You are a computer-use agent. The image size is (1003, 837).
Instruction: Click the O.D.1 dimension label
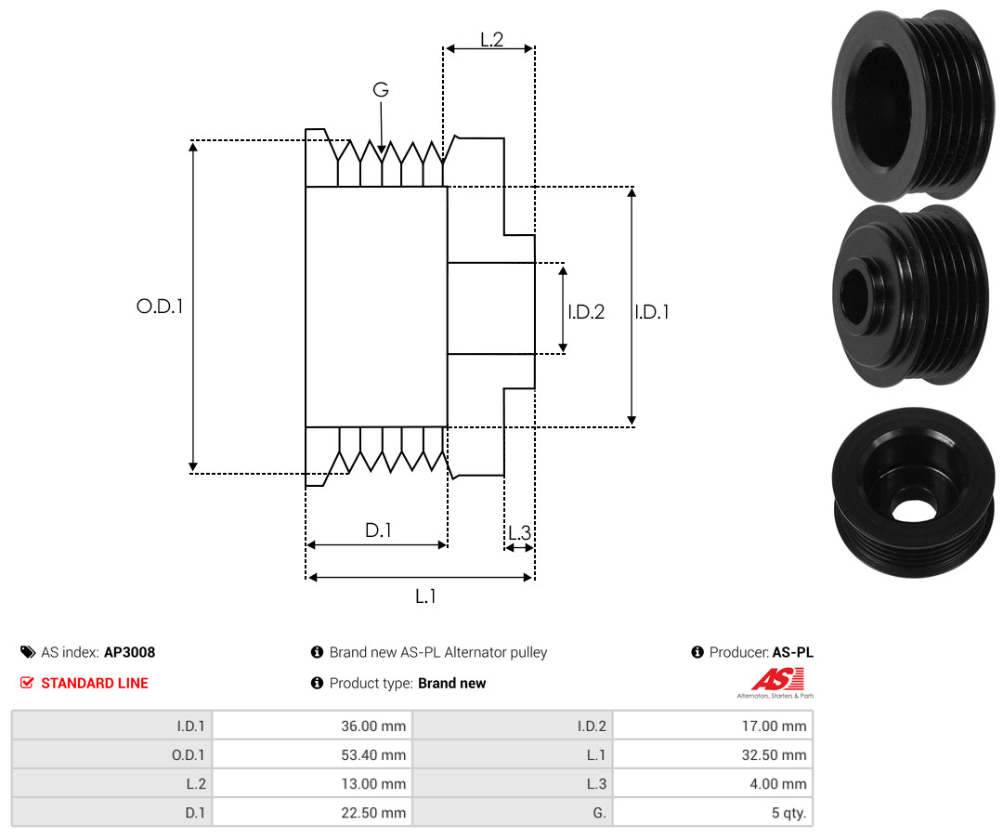point(160,306)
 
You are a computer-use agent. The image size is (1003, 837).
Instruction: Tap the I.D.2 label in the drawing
point(586,312)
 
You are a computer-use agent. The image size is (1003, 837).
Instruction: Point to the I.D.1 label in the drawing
point(652,312)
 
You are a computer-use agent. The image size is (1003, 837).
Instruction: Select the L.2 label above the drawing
point(491,39)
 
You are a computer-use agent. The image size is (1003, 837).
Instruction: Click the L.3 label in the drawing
point(519,532)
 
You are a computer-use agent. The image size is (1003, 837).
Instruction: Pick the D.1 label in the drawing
point(378,530)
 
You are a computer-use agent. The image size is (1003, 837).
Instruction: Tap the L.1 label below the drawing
point(425,596)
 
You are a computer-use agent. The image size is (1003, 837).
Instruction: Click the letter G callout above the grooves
point(381,90)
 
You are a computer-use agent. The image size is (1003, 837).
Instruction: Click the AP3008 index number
point(129,652)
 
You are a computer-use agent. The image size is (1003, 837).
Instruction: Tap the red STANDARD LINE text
point(94,683)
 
